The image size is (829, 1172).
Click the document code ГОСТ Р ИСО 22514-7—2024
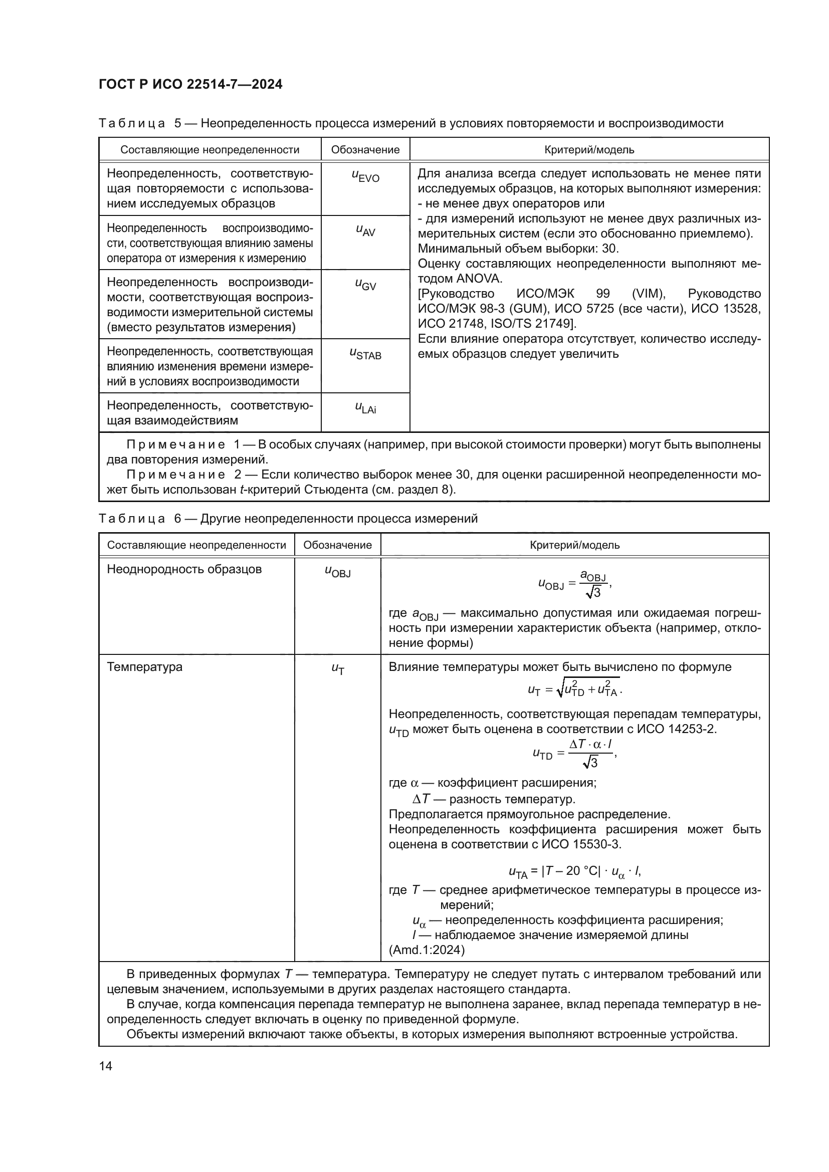click(190, 84)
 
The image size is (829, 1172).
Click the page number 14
click(106, 1066)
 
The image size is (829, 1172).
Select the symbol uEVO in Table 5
click(365, 176)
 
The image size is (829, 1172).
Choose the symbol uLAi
click(365, 407)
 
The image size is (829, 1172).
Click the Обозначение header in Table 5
click(365, 149)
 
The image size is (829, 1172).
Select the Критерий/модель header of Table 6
click(575, 545)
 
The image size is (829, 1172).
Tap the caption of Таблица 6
click(288, 519)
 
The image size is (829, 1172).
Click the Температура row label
click(144, 666)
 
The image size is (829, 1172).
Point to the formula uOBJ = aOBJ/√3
click(575, 584)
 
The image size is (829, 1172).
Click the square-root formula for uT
click(575, 689)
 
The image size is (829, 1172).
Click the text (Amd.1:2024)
click(427, 950)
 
